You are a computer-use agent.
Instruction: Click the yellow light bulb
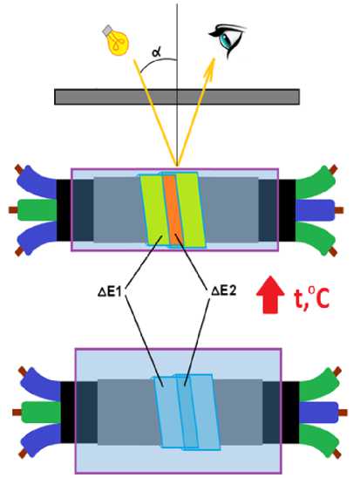pos(116,41)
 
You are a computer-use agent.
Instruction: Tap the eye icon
pos(227,40)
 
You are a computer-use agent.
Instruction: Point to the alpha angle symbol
pos(157,52)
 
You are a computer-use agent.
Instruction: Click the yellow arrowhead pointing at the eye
pos(210,68)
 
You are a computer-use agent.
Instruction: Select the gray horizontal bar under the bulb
pos(177,97)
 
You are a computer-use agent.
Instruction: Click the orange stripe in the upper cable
pos(172,209)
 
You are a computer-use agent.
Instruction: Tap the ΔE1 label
pos(110,292)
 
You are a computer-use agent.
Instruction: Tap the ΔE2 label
pos(224,291)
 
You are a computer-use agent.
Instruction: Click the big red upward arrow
pos(270,295)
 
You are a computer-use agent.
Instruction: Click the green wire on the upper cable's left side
pos(37,209)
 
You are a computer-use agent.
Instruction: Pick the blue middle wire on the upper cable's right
pos(316,209)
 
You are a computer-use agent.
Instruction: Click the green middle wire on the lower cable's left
pos(41,413)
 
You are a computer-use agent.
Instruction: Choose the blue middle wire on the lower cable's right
pos(319,413)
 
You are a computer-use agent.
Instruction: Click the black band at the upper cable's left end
pos(64,209)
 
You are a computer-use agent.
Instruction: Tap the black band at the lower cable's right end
pos(290,413)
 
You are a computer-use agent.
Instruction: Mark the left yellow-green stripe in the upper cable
pos(154,209)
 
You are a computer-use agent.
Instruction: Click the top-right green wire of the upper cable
pos(313,182)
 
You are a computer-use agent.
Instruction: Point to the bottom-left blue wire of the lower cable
pos(42,440)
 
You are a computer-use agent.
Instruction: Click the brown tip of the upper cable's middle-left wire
pos(13,209)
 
